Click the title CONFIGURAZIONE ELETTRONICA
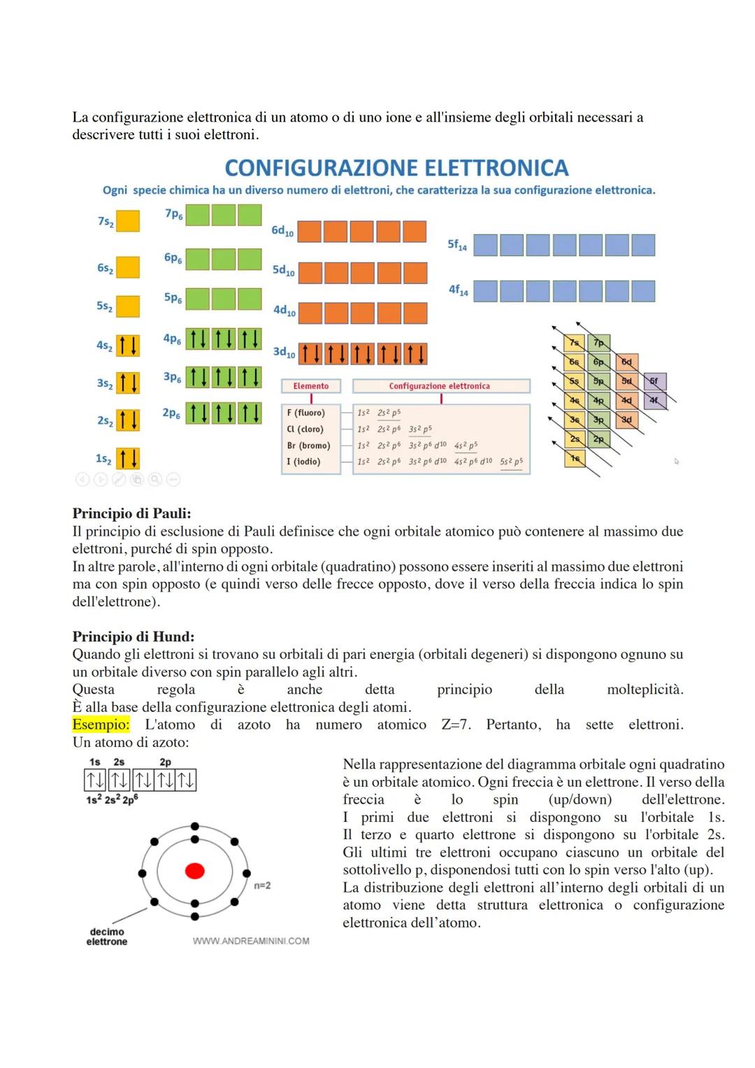pyautogui.click(x=396, y=168)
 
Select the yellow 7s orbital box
pyautogui.click(x=127, y=221)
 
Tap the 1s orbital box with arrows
pyautogui.click(x=127, y=459)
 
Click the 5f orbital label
pyautogui.click(x=457, y=245)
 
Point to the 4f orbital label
pyautogui.click(x=459, y=290)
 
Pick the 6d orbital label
pyautogui.click(x=282, y=231)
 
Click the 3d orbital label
pyautogui.click(x=284, y=353)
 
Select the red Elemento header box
pyautogui.click(x=310, y=386)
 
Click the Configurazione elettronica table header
pyautogui.click(x=440, y=386)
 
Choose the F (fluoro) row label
pyautogui.click(x=305, y=413)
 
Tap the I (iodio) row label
pyautogui.click(x=303, y=462)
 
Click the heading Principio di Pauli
pyautogui.click(x=131, y=513)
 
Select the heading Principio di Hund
pyautogui.click(x=134, y=636)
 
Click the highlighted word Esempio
pyautogui.click(x=101, y=725)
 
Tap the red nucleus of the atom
pyautogui.click(x=194, y=871)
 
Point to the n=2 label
pyautogui.click(x=262, y=885)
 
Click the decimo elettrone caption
pyautogui.click(x=107, y=937)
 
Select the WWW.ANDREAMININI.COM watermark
pyautogui.click(x=251, y=941)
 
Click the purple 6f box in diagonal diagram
pyautogui.click(x=654, y=381)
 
